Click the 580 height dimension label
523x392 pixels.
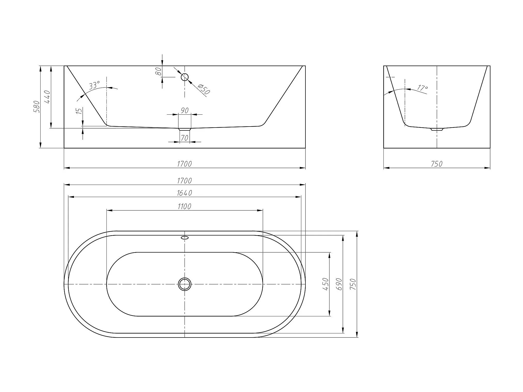tap(36, 106)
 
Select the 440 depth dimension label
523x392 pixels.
tap(47, 97)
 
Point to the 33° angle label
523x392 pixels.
tap(94, 85)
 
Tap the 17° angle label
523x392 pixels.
tap(422, 88)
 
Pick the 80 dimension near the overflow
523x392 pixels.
tap(159, 71)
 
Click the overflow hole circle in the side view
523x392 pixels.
tap(184, 77)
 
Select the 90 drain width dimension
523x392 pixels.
tap(184, 111)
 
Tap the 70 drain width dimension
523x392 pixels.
tap(184, 138)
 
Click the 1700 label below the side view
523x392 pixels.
tap(184, 164)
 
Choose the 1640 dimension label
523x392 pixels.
tap(184, 193)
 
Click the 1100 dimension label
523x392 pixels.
tap(184, 206)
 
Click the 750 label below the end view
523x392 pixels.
tap(436, 164)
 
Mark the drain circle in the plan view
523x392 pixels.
tap(184, 284)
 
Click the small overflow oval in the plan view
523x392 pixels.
tap(184, 238)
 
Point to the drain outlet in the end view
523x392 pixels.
tap(437, 129)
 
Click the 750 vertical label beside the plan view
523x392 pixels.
tap(353, 284)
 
